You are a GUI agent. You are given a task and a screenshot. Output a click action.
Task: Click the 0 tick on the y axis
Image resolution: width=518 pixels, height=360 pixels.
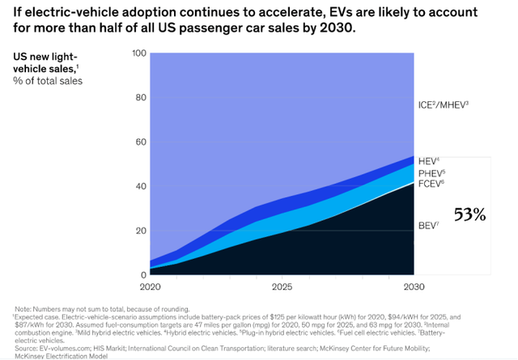[142, 274]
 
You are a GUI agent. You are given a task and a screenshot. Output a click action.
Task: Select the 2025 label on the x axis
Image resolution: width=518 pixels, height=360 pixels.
[281, 287]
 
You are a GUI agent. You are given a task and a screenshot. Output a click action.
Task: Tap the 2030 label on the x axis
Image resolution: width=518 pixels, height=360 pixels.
[413, 287]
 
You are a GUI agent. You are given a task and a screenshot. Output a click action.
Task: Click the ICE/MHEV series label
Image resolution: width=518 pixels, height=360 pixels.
[443, 104]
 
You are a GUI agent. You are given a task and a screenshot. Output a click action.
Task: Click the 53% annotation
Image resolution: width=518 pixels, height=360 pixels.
[470, 215]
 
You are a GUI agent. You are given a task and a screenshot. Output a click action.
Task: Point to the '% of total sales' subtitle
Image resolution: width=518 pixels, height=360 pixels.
[48, 81]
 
